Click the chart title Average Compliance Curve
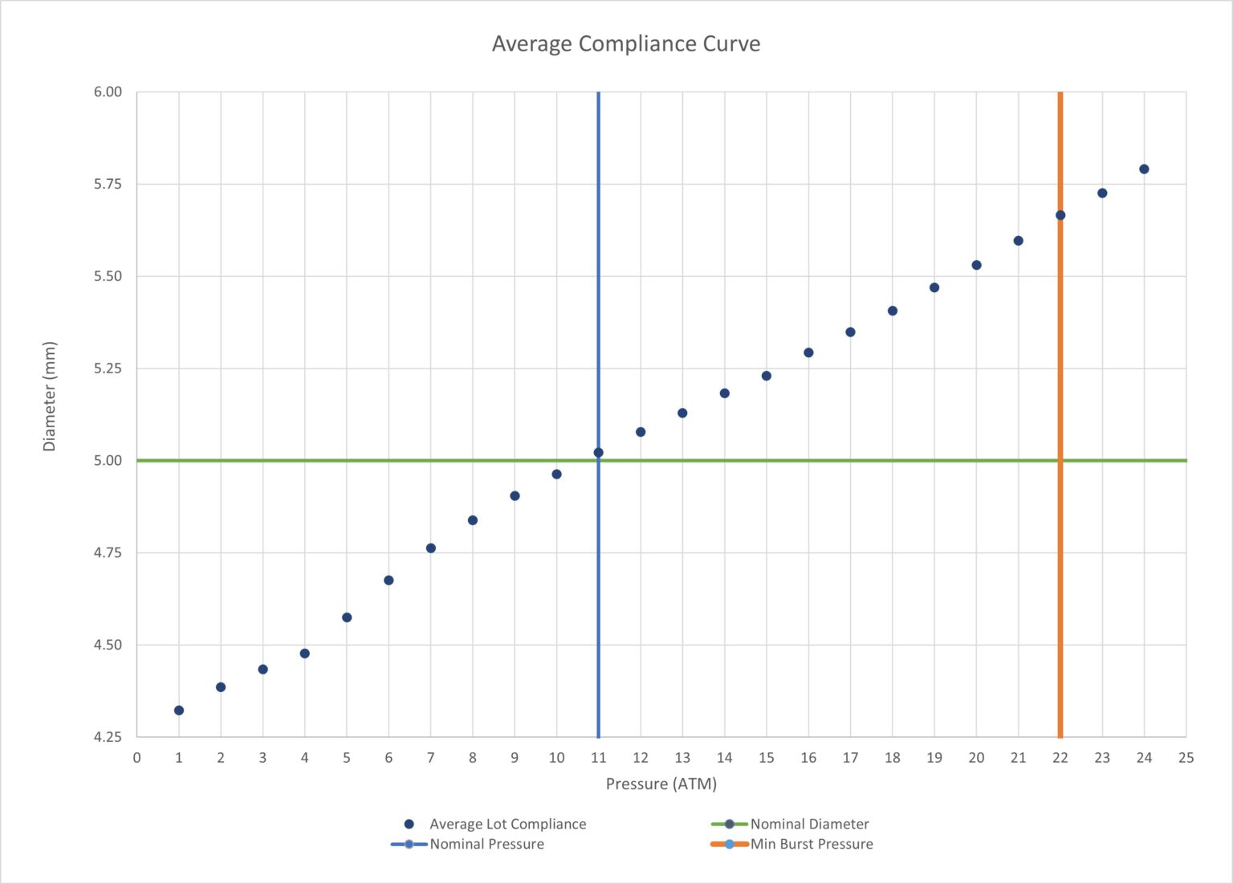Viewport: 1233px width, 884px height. (625, 43)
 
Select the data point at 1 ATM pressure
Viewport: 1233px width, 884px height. (179, 711)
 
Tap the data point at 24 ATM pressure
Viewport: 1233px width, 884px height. (1144, 169)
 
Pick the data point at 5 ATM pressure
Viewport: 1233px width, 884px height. (347, 617)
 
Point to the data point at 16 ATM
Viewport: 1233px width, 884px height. (808, 352)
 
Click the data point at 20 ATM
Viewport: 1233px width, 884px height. (976, 265)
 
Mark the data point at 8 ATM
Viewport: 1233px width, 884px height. (473, 520)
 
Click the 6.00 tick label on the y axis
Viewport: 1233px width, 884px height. (108, 92)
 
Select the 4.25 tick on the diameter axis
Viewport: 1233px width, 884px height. (108, 737)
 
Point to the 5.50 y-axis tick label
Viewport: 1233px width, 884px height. (108, 276)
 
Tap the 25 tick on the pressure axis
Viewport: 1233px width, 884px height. (1186, 757)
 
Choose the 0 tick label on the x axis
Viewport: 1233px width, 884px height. (137, 757)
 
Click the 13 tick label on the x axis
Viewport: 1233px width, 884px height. (682, 757)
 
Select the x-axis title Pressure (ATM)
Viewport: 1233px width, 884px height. (661, 784)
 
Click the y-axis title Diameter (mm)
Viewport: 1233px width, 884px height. (50, 396)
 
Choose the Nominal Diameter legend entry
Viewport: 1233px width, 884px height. (809, 824)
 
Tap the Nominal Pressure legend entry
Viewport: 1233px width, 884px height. (486, 844)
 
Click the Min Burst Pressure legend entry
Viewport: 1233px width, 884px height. (811, 844)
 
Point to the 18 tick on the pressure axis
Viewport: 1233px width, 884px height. (892, 757)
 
